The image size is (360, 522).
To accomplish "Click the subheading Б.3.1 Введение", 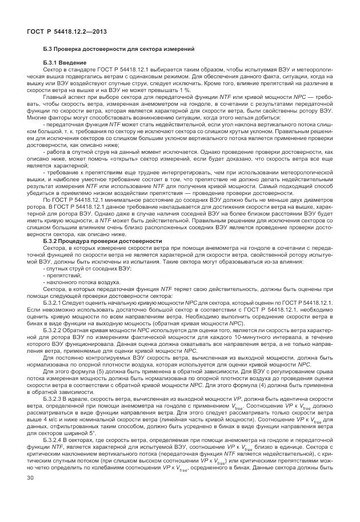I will pyautogui.click(x=65, y=62).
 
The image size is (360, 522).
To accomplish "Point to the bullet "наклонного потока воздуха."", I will pyautogui.click(x=75, y=282).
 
